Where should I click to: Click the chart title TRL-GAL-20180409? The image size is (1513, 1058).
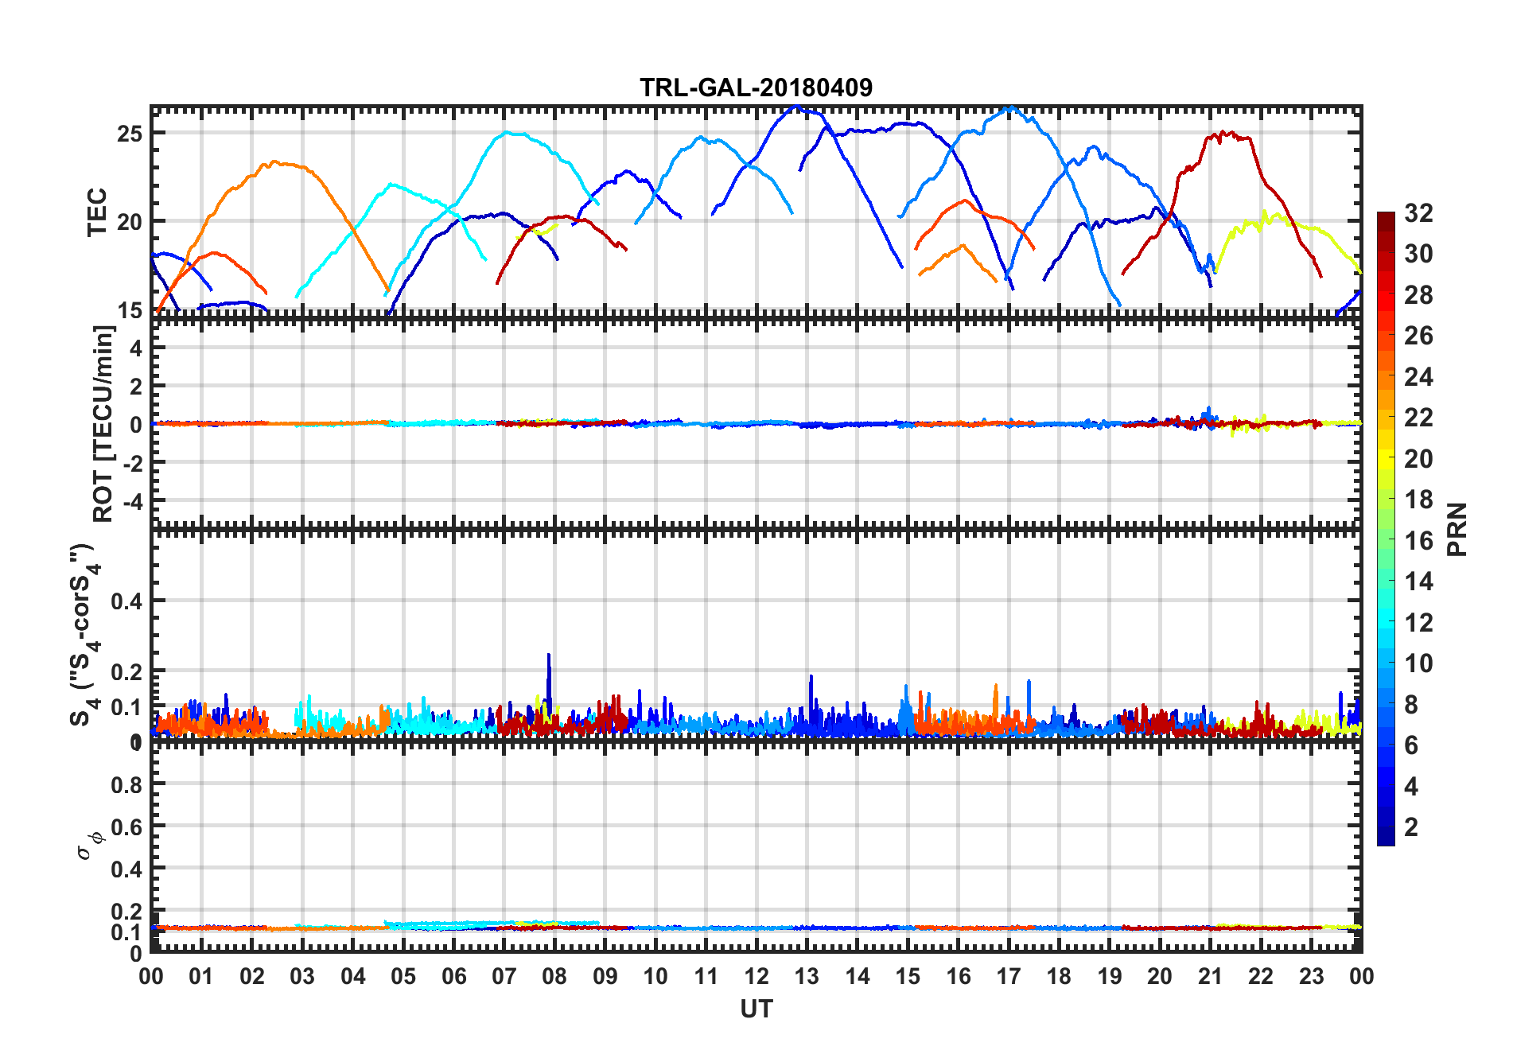tap(756, 88)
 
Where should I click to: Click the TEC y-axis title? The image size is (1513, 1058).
tap(97, 212)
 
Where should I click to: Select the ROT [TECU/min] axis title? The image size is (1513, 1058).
tap(103, 423)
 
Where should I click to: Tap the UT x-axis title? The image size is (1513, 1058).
tap(756, 1009)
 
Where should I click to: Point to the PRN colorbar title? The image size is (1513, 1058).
tap(1457, 529)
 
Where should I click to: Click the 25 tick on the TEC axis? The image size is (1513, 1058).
tap(130, 134)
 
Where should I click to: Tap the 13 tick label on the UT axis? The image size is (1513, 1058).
tap(807, 977)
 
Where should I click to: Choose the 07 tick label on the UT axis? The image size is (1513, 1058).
tap(504, 977)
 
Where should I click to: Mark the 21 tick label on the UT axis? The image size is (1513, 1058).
tap(1210, 977)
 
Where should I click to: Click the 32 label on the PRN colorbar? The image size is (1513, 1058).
tap(1418, 213)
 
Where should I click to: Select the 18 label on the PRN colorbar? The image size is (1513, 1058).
tap(1418, 500)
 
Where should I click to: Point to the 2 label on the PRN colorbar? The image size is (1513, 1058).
tap(1411, 827)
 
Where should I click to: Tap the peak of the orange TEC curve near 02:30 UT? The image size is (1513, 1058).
tap(275, 162)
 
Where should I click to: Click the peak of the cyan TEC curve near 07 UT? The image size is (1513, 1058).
tap(507, 133)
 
